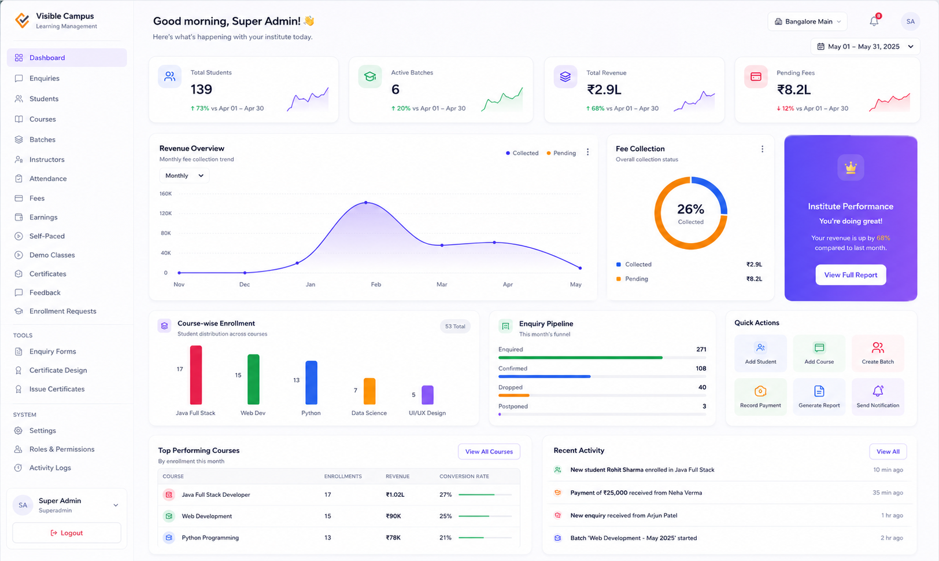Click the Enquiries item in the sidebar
(x=44, y=78)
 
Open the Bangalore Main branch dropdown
(x=807, y=21)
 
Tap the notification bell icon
(x=874, y=21)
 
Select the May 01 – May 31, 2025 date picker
(x=865, y=46)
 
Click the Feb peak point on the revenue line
(x=366, y=203)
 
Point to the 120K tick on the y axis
(x=165, y=213)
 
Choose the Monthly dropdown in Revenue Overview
(x=184, y=175)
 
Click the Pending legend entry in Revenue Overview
(x=561, y=153)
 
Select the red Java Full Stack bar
(x=196, y=375)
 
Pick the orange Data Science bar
(x=369, y=391)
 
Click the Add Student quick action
(x=760, y=353)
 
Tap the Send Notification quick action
(x=878, y=397)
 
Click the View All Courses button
(x=489, y=452)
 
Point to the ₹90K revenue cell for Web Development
(x=393, y=516)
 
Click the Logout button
(x=66, y=533)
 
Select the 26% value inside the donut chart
(x=690, y=209)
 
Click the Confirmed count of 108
(x=701, y=368)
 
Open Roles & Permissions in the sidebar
(x=62, y=449)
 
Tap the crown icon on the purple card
(x=851, y=168)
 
